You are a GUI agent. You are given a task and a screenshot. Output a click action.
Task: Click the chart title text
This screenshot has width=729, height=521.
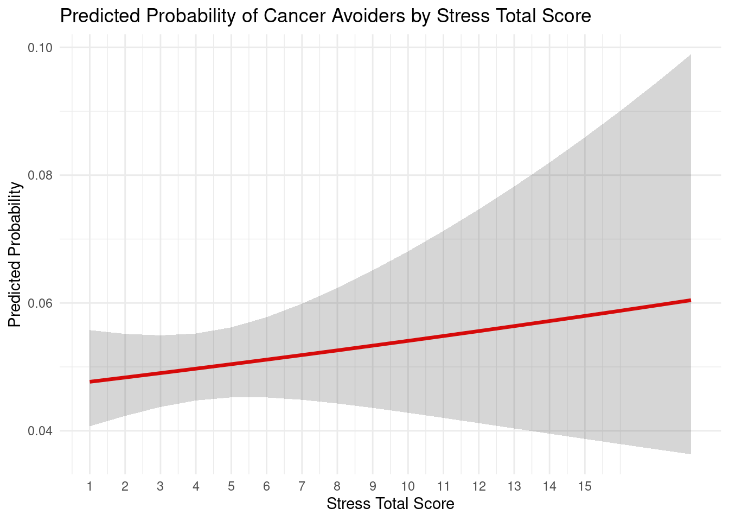coord(325,16)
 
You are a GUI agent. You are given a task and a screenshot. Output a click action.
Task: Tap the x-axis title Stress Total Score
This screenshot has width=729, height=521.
coord(390,504)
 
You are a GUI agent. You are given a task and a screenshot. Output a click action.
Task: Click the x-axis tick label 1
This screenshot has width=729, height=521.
coord(89,486)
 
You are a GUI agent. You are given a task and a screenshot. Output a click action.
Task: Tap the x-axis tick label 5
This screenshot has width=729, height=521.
coord(231,486)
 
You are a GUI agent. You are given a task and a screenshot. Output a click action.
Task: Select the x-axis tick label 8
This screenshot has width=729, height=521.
coord(337,486)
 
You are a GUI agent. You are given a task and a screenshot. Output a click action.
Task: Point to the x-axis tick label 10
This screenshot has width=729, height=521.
coord(408,486)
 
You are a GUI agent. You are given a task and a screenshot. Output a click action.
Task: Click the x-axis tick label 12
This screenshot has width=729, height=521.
coord(478,486)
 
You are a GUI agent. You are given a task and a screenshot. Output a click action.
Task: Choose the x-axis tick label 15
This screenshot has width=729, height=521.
coord(585,486)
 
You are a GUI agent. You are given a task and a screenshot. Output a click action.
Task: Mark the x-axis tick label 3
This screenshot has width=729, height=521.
coord(160,486)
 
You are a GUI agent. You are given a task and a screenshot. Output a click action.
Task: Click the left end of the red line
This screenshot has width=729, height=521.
coord(91,382)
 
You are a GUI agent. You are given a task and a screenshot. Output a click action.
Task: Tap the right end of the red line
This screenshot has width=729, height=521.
coord(690,300)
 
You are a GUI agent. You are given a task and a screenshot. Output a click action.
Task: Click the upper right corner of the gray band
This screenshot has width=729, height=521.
coord(690,55)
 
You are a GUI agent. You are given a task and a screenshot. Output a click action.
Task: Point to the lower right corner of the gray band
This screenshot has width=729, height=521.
coord(690,453)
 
